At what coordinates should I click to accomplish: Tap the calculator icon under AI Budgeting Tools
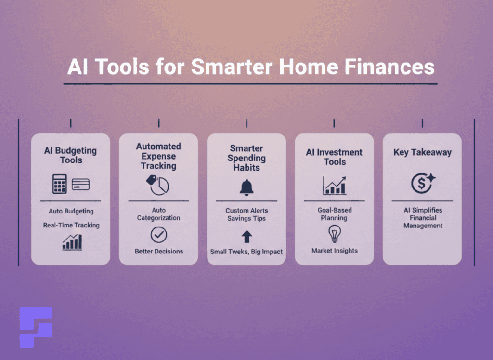(x=59, y=184)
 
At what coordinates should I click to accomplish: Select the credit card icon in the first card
(x=80, y=184)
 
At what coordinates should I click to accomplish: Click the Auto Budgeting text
(x=71, y=211)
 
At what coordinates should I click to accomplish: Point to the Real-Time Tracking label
(x=71, y=225)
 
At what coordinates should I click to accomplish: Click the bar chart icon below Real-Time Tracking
(x=72, y=242)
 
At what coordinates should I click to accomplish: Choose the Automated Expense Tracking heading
(x=158, y=156)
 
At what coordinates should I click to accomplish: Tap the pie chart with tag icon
(x=158, y=185)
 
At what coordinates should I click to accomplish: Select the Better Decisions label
(x=158, y=251)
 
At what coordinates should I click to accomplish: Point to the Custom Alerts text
(x=246, y=211)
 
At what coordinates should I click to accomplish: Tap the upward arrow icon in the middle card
(x=246, y=236)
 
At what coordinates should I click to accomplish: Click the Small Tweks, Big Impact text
(x=246, y=252)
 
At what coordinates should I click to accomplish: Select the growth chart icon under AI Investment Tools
(x=334, y=186)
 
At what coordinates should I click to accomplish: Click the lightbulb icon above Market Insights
(x=334, y=234)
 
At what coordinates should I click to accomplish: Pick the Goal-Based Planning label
(x=334, y=214)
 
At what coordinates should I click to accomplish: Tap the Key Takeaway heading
(x=422, y=152)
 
